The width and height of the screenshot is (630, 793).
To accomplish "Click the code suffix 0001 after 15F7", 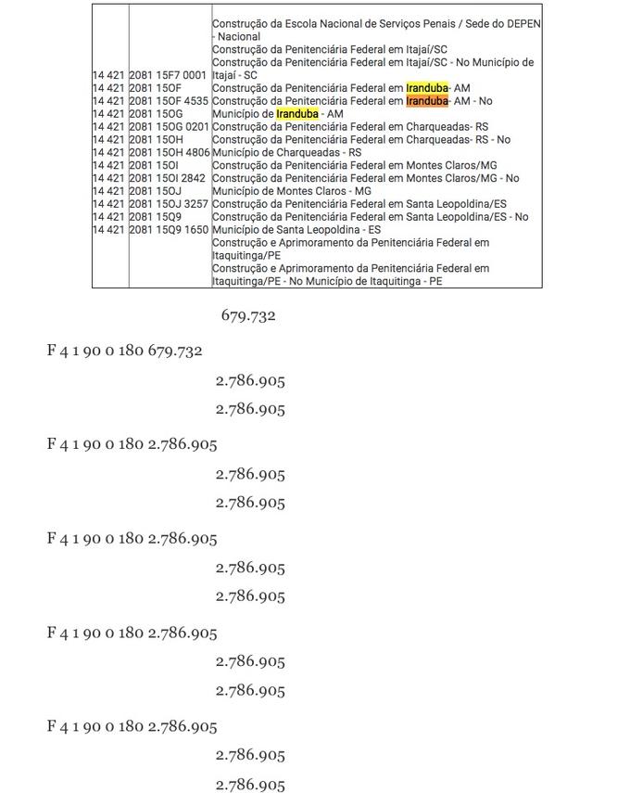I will tap(195, 74).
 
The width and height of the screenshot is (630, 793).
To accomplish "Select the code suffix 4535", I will tap(195, 100).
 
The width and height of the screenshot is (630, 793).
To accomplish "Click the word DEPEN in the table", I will tap(523, 23).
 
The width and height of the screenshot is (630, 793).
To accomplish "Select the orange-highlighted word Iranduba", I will tap(427, 100).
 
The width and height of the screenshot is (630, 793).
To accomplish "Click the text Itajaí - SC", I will tap(234, 74).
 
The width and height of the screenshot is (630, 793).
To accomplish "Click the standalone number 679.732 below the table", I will tap(248, 316).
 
